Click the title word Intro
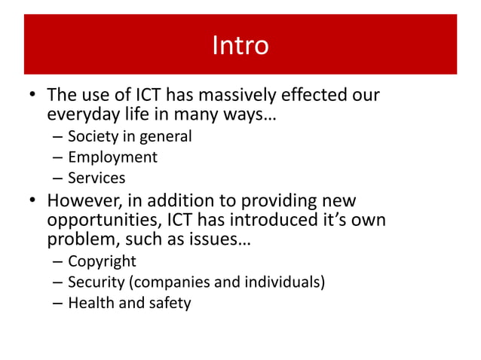pos(240,45)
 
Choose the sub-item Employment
pos(112,157)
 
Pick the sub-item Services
pos(97,178)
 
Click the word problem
pos(83,240)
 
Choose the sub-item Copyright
pos(102,261)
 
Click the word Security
pos(96,282)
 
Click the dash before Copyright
pos(57,261)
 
